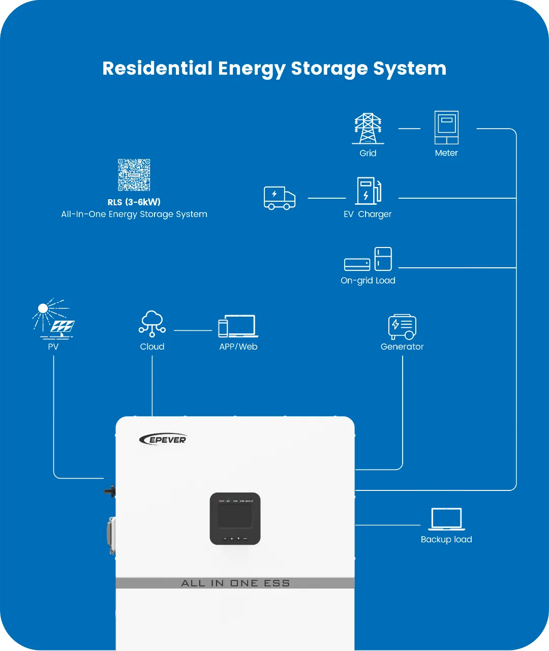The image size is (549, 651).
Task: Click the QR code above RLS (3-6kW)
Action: (134, 175)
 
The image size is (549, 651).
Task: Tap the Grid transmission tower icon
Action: (368, 129)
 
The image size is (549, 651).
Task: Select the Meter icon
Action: (446, 128)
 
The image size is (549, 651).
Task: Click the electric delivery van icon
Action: (280, 198)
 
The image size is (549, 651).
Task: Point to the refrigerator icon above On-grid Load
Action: (383, 259)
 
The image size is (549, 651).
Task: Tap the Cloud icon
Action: (152, 324)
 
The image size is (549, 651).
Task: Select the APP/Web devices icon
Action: (238, 326)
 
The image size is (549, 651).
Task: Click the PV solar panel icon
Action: (54, 319)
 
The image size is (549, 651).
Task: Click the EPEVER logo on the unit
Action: (163, 439)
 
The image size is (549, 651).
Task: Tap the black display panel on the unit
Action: (235, 518)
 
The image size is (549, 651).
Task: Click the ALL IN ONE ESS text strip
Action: (235, 583)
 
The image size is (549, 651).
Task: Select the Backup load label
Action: (446, 540)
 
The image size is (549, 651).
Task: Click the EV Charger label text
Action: (368, 214)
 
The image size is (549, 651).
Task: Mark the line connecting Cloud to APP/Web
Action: (193, 330)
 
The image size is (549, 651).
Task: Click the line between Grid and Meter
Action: (409, 129)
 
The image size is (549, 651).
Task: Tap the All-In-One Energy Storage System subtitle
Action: (134, 214)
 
